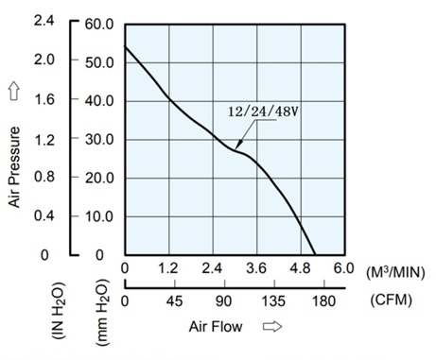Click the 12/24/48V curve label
click(x=259, y=112)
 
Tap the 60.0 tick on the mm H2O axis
click(x=98, y=23)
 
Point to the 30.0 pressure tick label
click(x=98, y=139)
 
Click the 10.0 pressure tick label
click(x=98, y=216)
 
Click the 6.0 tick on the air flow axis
click(x=343, y=269)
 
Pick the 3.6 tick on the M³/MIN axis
click(x=256, y=269)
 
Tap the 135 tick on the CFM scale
click(x=273, y=302)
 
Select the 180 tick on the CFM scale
click(x=323, y=302)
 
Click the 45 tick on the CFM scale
click(x=175, y=302)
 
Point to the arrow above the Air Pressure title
click(x=14, y=92)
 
